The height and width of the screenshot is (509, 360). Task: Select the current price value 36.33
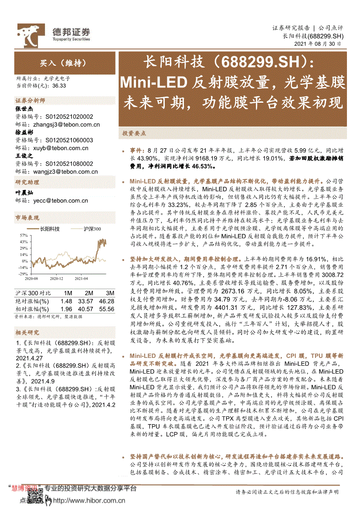coord(58,86)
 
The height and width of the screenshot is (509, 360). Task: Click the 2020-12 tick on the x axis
coord(56,278)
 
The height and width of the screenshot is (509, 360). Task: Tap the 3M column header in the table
coord(110,293)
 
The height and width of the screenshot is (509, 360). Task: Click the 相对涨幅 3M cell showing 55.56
coord(106,309)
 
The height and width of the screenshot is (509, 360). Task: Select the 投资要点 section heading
coord(134,133)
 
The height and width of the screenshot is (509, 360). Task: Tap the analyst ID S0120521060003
coord(69,140)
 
